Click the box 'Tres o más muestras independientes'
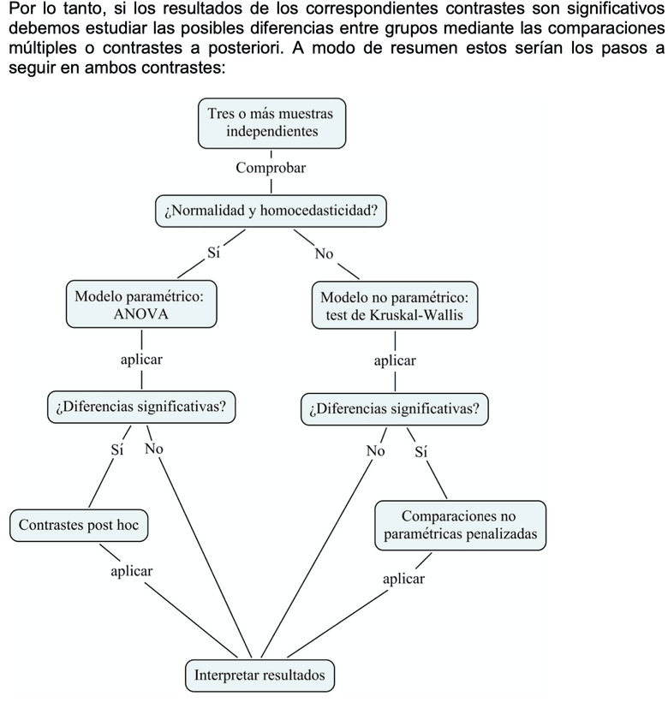(x=271, y=122)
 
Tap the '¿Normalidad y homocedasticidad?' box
(x=270, y=210)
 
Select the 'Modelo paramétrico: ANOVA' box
(x=140, y=306)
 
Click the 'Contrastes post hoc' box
(x=79, y=525)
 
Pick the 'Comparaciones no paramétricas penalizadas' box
(x=460, y=525)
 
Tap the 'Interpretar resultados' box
(x=259, y=675)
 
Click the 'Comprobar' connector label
(x=271, y=168)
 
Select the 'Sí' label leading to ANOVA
(x=214, y=253)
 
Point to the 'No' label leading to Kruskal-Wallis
(x=324, y=253)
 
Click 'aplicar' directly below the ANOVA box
(x=141, y=360)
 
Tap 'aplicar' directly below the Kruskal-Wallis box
(x=395, y=360)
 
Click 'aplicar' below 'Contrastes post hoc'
(x=132, y=571)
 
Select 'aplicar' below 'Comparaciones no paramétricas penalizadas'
(x=403, y=579)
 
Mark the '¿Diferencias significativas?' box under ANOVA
(x=141, y=407)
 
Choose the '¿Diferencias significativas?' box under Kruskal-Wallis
(x=395, y=408)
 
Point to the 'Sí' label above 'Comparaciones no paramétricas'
(x=421, y=451)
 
